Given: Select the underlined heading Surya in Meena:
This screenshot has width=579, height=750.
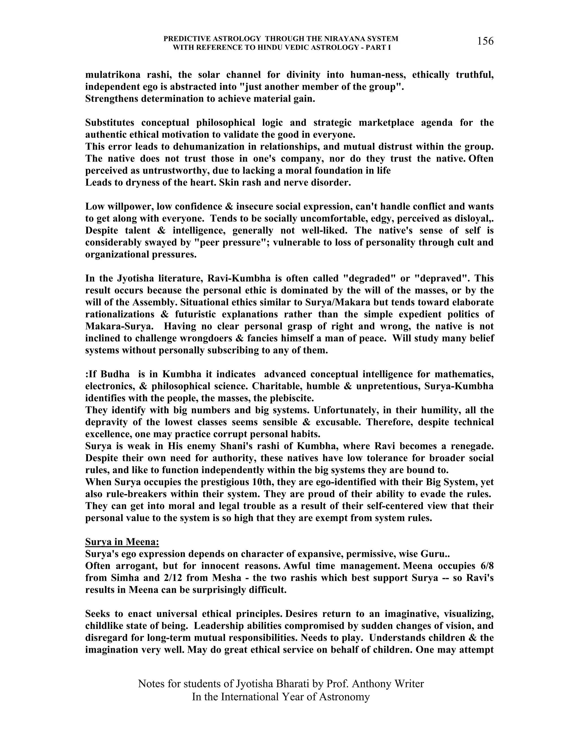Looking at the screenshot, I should point(122,542).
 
